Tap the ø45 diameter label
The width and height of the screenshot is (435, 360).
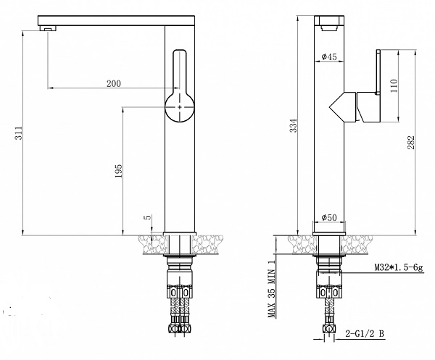coord(328,56)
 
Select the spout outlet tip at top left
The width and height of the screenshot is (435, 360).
coord(48,27)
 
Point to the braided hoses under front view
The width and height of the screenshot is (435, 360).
coord(180,311)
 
